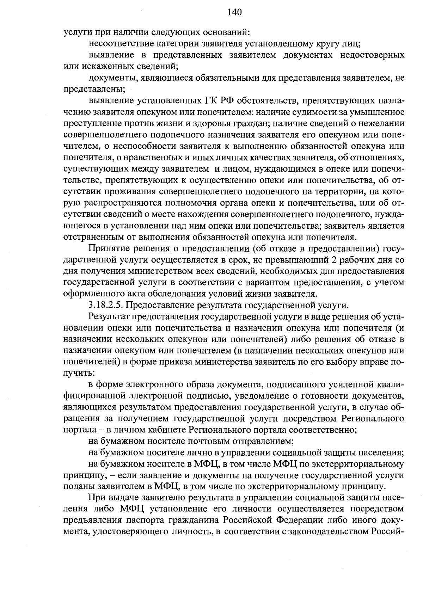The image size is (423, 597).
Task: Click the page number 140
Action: pos(234,13)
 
